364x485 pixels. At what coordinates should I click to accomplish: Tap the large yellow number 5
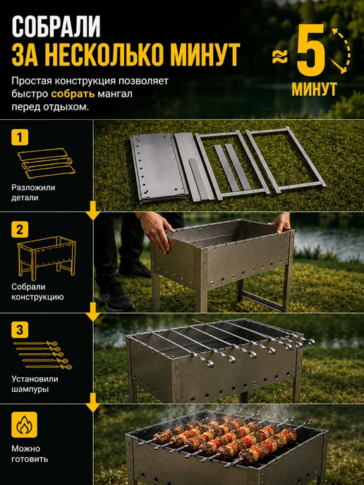click(311, 50)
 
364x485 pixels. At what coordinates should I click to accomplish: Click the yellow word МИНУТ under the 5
click(314, 89)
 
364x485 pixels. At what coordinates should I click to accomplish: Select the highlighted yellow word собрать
click(73, 94)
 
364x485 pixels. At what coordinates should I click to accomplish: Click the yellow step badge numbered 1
click(20, 137)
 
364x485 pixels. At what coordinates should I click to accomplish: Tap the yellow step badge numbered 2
click(20, 230)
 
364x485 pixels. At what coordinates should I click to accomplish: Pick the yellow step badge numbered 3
click(20, 330)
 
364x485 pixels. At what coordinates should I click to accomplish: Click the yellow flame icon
click(24, 424)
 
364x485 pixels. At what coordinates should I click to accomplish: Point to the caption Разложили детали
click(33, 192)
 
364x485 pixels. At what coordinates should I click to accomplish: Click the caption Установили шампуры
click(35, 384)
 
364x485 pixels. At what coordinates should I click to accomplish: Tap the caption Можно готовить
click(30, 453)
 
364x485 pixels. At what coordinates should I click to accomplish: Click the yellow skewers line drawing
click(42, 355)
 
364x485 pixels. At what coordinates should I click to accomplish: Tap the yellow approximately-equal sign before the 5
click(280, 58)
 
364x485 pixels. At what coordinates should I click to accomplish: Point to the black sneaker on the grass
click(115, 297)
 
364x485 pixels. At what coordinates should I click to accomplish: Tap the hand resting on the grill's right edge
click(280, 221)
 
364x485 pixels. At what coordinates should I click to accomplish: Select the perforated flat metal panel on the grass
click(159, 167)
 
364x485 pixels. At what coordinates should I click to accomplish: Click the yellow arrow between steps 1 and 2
click(93, 211)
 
